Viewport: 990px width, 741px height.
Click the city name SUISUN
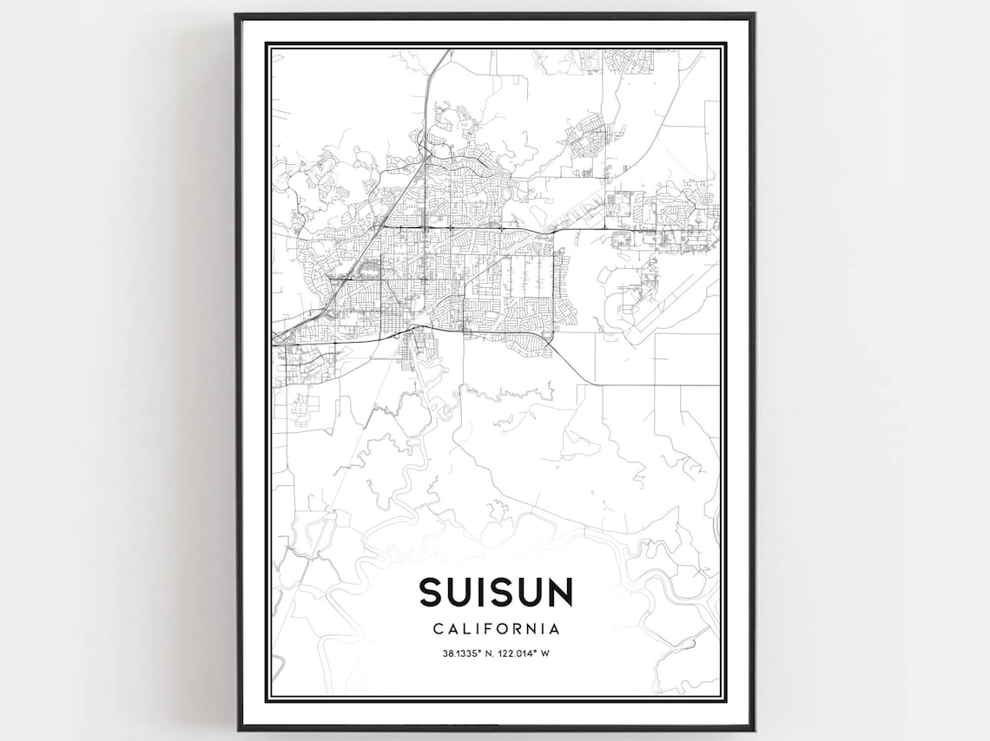496,592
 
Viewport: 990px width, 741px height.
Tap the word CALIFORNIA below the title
496,628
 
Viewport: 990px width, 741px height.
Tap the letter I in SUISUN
487,592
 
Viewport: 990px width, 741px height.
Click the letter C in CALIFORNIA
437,628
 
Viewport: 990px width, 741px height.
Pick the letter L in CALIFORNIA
465,628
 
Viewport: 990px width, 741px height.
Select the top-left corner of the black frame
237,15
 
